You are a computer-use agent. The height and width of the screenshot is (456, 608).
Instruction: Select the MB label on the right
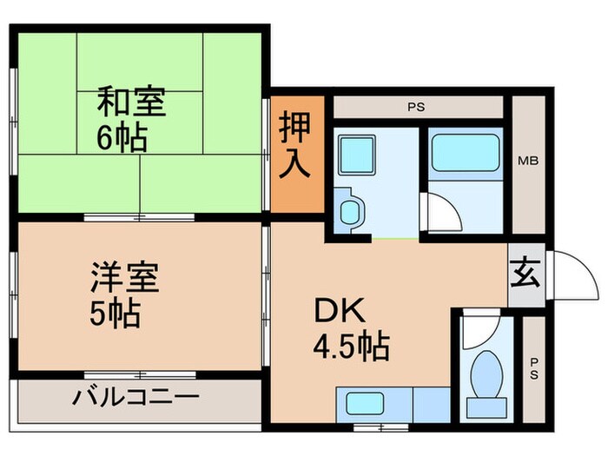[x=527, y=161]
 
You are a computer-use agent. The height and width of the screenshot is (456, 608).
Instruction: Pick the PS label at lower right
[x=533, y=370]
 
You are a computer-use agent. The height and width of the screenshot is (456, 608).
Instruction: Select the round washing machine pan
[x=349, y=212]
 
